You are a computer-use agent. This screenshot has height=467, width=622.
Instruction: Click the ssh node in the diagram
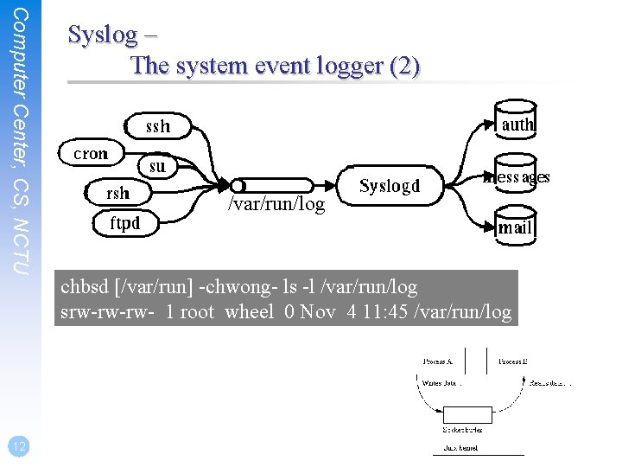coord(158,126)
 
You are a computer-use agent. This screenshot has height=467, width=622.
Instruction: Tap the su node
coord(157,165)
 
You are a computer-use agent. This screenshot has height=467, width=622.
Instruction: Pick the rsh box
coord(117,193)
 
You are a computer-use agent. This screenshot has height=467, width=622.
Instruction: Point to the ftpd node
coord(125,224)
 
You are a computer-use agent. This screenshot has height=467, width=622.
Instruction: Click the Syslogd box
coord(389,186)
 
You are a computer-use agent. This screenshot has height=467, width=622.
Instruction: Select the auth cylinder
coord(517,122)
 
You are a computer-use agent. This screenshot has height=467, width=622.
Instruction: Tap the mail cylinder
coord(515,225)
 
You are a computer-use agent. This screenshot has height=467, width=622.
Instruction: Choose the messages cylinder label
coord(517,177)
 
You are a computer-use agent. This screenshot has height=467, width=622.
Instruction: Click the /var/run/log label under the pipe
coord(276,205)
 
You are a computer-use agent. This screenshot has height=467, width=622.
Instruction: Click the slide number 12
coord(16,446)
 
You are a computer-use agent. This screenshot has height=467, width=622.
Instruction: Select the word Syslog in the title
coord(103,35)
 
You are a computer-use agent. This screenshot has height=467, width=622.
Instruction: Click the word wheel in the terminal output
coord(249,311)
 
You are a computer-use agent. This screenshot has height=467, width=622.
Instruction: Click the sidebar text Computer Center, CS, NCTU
coord(23,143)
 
